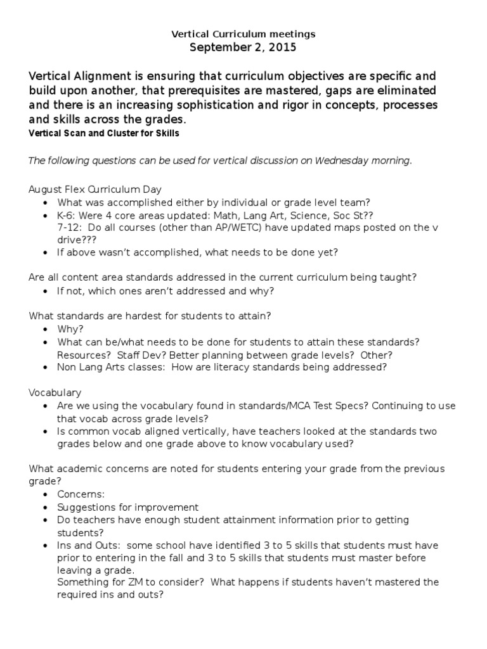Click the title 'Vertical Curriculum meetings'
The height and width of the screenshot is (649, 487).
(x=243, y=34)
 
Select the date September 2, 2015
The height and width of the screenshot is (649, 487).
(x=243, y=48)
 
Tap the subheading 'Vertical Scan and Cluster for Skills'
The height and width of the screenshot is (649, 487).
(x=104, y=133)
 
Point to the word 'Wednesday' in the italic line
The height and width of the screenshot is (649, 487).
(x=338, y=160)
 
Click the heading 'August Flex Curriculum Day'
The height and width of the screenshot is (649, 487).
(x=95, y=190)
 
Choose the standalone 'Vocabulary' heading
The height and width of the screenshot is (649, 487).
(x=55, y=393)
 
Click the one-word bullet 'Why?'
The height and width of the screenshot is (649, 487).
(x=70, y=329)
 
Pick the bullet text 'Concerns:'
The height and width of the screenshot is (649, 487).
(x=81, y=494)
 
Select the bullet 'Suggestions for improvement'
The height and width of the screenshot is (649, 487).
(x=127, y=507)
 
